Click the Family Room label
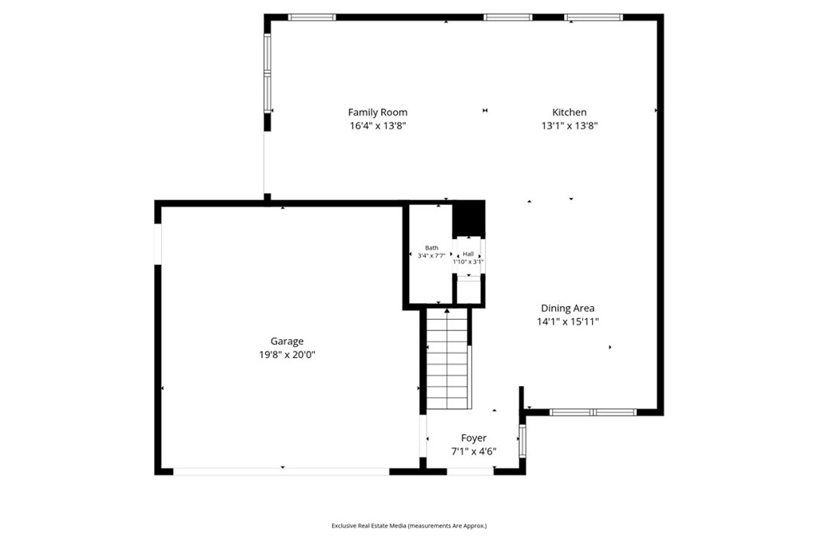pyautogui.click(x=378, y=112)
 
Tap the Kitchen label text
pyautogui.click(x=569, y=112)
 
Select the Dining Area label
pyautogui.click(x=568, y=308)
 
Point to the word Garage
pyautogui.click(x=287, y=341)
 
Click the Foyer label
pyautogui.click(x=474, y=438)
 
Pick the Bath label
pyautogui.click(x=431, y=248)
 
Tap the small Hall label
pyautogui.click(x=468, y=254)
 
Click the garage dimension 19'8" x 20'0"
pyautogui.click(x=288, y=355)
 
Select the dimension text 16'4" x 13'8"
pyautogui.click(x=378, y=125)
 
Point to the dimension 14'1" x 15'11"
pyautogui.click(x=568, y=321)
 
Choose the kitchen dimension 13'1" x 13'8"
pyautogui.click(x=569, y=125)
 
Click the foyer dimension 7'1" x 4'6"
pyautogui.click(x=474, y=451)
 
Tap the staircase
pyautogui.click(x=447, y=359)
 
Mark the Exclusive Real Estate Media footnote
pyautogui.click(x=409, y=526)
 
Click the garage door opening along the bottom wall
pyautogui.click(x=281, y=471)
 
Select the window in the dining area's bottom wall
pyautogui.click(x=594, y=412)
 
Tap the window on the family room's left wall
pyautogui.click(x=267, y=73)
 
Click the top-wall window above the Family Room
pyautogui.click(x=312, y=18)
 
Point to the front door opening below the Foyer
pyautogui.click(x=470, y=471)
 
